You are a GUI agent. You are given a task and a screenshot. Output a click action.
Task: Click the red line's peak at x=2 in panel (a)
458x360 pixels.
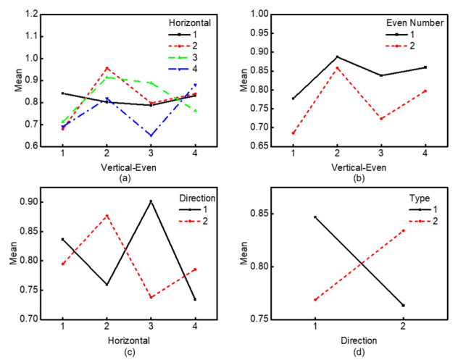click(x=107, y=67)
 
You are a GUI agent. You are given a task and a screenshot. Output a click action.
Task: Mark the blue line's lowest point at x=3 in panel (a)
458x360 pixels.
click(x=150, y=135)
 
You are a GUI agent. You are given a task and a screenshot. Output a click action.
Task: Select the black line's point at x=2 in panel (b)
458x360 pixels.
click(x=337, y=56)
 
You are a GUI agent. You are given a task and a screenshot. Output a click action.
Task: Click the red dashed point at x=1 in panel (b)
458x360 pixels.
click(x=293, y=133)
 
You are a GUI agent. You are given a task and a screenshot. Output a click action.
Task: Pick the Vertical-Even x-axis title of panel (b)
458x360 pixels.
click(x=359, y=167)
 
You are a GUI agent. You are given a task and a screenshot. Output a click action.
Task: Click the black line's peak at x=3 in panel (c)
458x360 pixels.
click(x=150, y=201)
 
